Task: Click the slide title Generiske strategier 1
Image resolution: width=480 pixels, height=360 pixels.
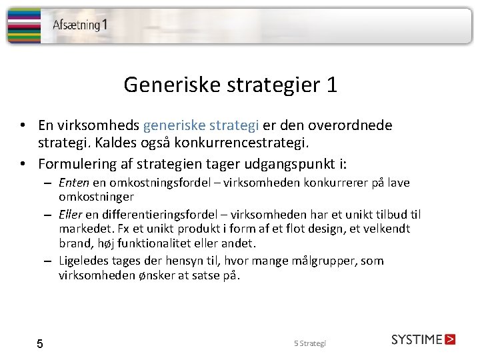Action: click(x=231, y=85)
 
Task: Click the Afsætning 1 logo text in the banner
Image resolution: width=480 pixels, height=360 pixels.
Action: click(x=80, y=25)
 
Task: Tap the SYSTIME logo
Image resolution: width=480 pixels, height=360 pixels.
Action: click(x=417, y=339)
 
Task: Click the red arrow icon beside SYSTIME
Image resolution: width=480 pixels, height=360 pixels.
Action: click(x=449, y=339)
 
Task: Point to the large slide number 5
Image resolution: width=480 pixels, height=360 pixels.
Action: click(x=40, y=344)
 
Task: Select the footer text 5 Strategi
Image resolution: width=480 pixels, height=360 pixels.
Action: click(x=310, y=343)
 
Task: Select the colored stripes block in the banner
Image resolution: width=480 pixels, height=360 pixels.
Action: click(x=23, y=25)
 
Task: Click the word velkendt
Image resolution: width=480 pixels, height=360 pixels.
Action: click(x=386, y=229)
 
